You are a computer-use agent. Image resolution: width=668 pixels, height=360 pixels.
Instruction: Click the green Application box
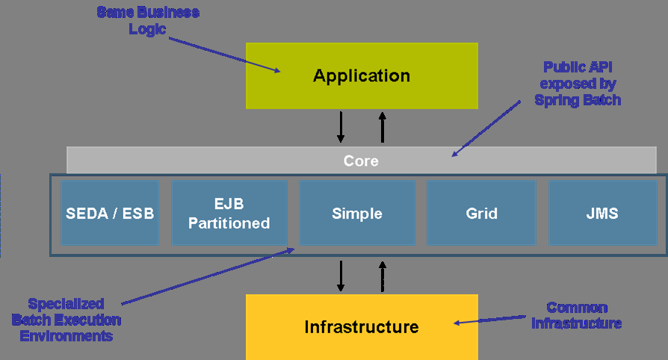362,75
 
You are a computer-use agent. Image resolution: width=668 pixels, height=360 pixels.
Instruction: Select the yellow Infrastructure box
362,327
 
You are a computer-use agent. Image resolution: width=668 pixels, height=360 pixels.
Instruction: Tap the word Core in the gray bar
361,161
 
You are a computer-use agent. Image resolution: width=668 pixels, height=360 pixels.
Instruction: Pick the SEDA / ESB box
110,213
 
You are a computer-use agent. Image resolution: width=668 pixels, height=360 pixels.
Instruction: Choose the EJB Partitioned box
229,213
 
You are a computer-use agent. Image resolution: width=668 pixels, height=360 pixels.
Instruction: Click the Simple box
357,213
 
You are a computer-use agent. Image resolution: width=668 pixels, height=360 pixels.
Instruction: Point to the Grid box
481,213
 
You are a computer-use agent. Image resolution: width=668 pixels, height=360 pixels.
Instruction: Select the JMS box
602,213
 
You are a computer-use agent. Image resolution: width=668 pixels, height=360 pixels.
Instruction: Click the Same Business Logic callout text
148,20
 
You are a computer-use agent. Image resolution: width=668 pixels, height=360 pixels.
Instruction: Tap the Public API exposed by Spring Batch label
578,84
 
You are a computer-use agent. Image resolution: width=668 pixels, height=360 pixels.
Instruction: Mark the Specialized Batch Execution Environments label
66,320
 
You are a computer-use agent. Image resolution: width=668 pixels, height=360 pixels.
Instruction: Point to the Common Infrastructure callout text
576,315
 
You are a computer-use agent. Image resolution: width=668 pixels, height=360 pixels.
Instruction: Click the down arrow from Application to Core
341,127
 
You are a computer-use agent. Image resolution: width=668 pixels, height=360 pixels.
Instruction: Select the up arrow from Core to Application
382,127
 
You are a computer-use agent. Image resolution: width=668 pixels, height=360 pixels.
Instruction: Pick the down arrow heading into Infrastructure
341,276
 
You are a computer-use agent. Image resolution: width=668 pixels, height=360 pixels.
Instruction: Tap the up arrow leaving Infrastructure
382,276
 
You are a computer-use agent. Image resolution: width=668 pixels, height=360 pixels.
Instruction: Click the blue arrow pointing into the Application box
224,55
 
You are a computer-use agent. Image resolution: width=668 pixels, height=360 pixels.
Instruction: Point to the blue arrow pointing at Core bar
486,128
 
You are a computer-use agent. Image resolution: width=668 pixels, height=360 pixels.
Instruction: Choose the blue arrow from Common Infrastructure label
489,320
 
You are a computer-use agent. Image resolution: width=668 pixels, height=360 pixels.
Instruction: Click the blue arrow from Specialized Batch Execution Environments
208,276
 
